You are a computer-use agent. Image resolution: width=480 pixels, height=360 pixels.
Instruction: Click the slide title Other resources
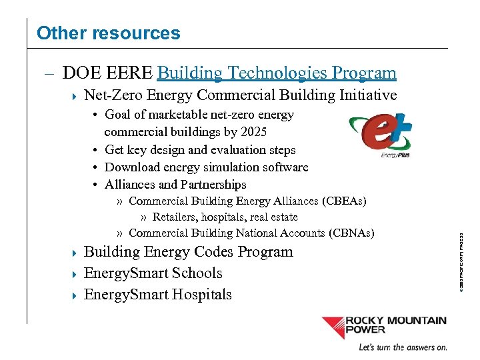(x=108, y=33)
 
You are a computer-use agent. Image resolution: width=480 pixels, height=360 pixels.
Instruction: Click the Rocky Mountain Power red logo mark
(x=340, y=327)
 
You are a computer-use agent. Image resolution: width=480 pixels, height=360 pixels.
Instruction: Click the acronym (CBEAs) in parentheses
(x=345, y=201)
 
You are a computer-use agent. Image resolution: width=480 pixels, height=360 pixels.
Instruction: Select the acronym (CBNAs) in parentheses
(x=352, y=233)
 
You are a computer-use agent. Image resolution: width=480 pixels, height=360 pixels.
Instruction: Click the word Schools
(x=199, y=273)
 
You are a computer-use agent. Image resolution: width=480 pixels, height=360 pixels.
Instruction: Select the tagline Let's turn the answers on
(x=403, y=347)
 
